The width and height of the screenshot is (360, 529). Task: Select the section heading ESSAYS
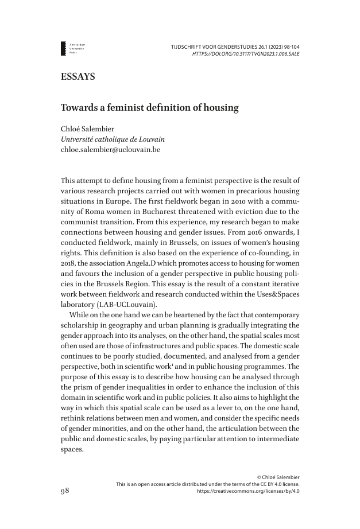point(78,77)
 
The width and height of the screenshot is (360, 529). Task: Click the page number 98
point(65,491)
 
